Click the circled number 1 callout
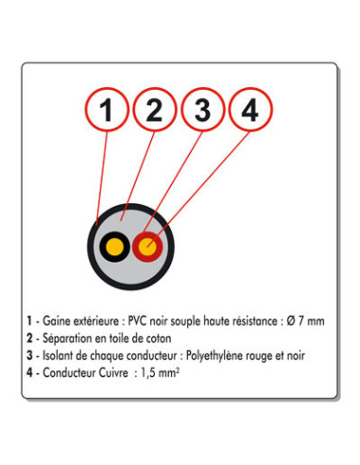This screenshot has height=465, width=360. click(109, 112)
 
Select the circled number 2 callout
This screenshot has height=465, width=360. click(155, 112)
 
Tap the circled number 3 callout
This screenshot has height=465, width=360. click(202, 112)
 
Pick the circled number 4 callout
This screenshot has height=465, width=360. click(249, 112)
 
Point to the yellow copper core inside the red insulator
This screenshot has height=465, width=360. click(147, 248)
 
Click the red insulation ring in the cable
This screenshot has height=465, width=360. click(157, 248)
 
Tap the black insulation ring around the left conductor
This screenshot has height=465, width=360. click(101, 247)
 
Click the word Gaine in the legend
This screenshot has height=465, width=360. click(58, 320)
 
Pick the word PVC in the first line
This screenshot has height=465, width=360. click(131, 320)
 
